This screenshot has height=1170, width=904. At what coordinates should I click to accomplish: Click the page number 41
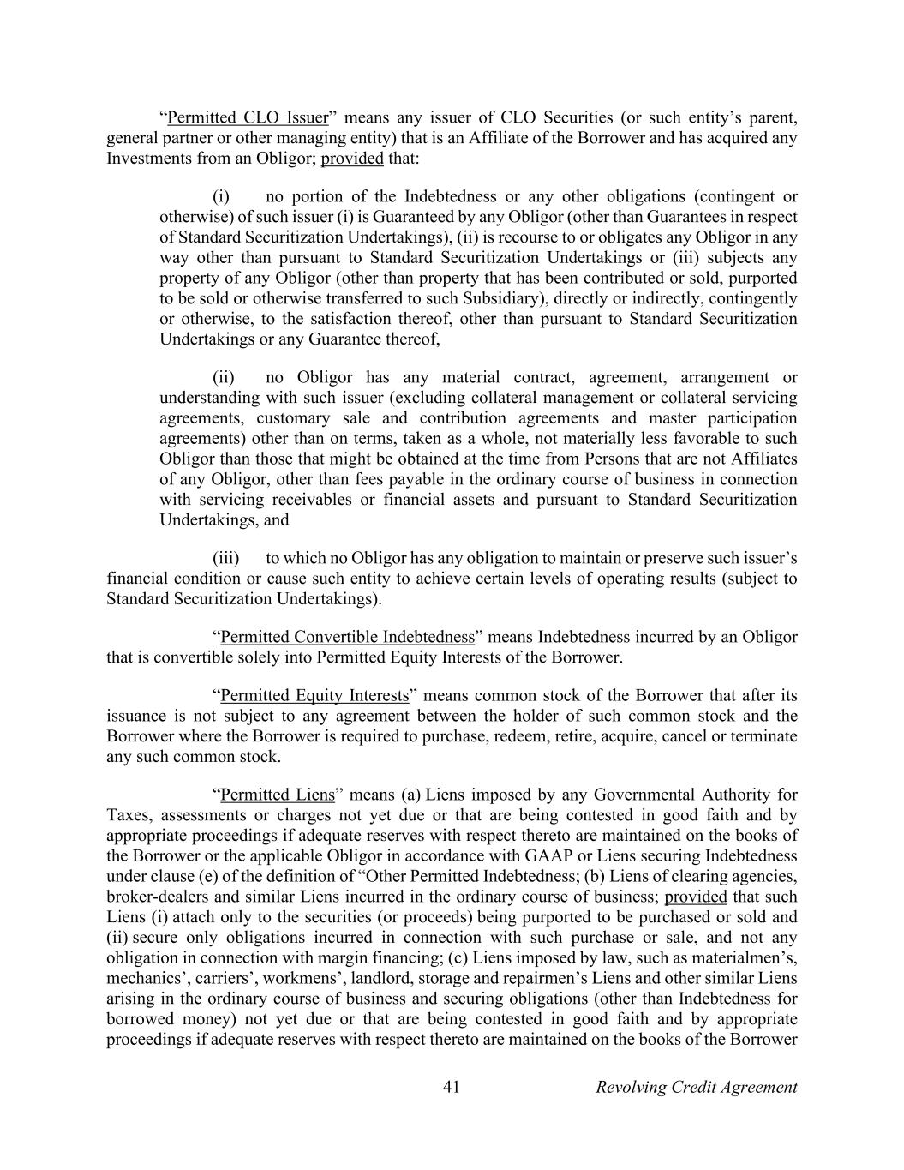(452, 1087)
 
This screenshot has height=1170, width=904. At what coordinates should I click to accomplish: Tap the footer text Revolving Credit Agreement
(696, 1087)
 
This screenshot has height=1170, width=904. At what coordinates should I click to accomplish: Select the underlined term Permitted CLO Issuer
(248, 117)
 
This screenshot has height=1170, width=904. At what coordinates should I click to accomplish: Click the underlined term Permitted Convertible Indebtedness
(347, 637)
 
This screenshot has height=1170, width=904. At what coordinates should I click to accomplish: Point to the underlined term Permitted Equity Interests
(314, 695)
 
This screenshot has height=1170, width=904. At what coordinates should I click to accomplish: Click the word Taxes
(129, 815)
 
